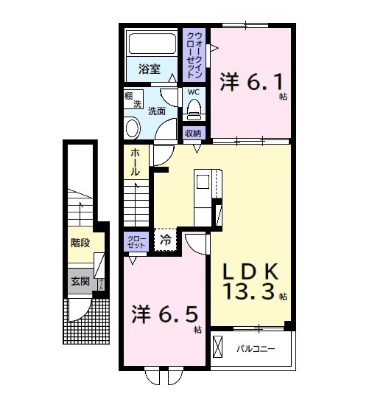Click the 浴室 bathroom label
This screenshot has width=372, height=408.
(150, 69)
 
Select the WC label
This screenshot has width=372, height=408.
(193, 92)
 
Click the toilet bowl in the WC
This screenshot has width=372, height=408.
(194, 110)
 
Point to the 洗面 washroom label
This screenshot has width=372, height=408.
(156, 111)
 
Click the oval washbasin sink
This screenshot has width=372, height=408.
(132, 128)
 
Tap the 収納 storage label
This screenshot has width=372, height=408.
(193, 134)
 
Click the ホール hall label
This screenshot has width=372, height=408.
(136, 162)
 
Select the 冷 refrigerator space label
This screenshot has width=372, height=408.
(166, 240)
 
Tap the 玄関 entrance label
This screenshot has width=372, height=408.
(80, 281)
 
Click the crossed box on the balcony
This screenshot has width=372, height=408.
(219, 345)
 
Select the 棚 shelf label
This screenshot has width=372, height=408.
(128, 96)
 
